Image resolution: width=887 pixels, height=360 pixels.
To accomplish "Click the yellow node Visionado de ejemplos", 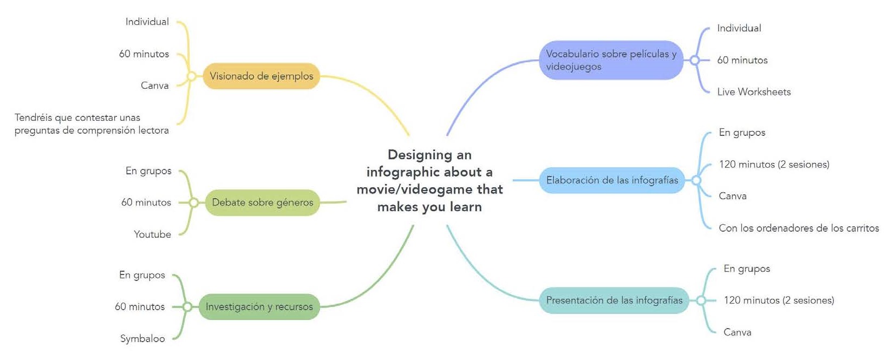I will [x=261, y=76].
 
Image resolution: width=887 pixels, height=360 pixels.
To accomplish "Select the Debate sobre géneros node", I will [x=262, y=202].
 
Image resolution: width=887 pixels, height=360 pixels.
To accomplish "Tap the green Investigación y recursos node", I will [x=259, y=306].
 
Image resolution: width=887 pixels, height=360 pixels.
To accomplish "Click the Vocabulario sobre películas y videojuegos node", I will [x=611, y=60].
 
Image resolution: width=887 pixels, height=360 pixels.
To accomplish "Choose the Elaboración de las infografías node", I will [x=612, y=180].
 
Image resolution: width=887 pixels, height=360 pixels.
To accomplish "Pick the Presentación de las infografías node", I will [x=614, y=300].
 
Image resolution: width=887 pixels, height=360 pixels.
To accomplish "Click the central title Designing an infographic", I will [x=429, y=180].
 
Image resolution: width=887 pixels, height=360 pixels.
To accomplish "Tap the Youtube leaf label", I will [x=152, y=234].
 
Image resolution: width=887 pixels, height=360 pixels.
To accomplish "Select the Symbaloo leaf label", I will [x=142, y=338].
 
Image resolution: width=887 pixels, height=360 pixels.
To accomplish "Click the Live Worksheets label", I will [x=754, y=92].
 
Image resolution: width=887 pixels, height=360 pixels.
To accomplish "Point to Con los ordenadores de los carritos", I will [x=799, y=228].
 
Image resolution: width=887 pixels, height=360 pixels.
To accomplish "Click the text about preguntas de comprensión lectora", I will [x=92, y=124].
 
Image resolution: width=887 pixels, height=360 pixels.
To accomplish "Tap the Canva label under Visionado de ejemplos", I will [x=154, y=86].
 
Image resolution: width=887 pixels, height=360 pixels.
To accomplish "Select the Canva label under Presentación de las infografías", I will [x=737, y=332].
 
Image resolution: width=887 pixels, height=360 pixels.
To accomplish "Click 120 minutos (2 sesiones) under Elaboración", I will [x=774, y=165].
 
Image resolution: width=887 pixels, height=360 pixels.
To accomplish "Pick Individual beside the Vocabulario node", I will [x=739, y=28].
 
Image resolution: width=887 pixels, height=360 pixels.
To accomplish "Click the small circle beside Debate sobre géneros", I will [x=193, y=202].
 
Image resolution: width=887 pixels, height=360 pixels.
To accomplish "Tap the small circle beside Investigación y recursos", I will [x=187, y=307].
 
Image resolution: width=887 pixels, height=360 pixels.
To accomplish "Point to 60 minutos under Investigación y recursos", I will [x=140, y=307].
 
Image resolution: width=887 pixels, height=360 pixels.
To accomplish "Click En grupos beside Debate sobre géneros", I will [x=148, y=171].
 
